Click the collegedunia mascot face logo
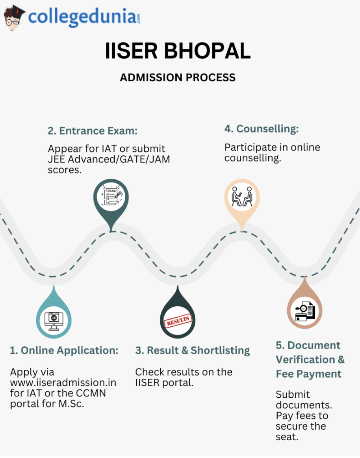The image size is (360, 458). [x=14, y=18]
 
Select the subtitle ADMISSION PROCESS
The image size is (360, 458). [x=178, y=77]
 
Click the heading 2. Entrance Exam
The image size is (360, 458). [x=93, y=131]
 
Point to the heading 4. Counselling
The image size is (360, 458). [x=262, y=129]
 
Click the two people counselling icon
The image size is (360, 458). [x=242, y=196]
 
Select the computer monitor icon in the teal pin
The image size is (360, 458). [x=54, y=320]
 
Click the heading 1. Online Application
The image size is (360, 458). [x=64, y=350]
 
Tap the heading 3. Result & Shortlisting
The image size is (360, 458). [x=193, y=350]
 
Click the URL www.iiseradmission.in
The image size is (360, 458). [x=63, y=383]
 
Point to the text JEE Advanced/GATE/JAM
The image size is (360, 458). [x=109, y=160]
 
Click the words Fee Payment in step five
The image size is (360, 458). [x=308, y=374]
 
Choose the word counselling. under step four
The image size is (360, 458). [x=252, y=158]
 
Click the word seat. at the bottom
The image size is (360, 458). [x=287, y=437]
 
